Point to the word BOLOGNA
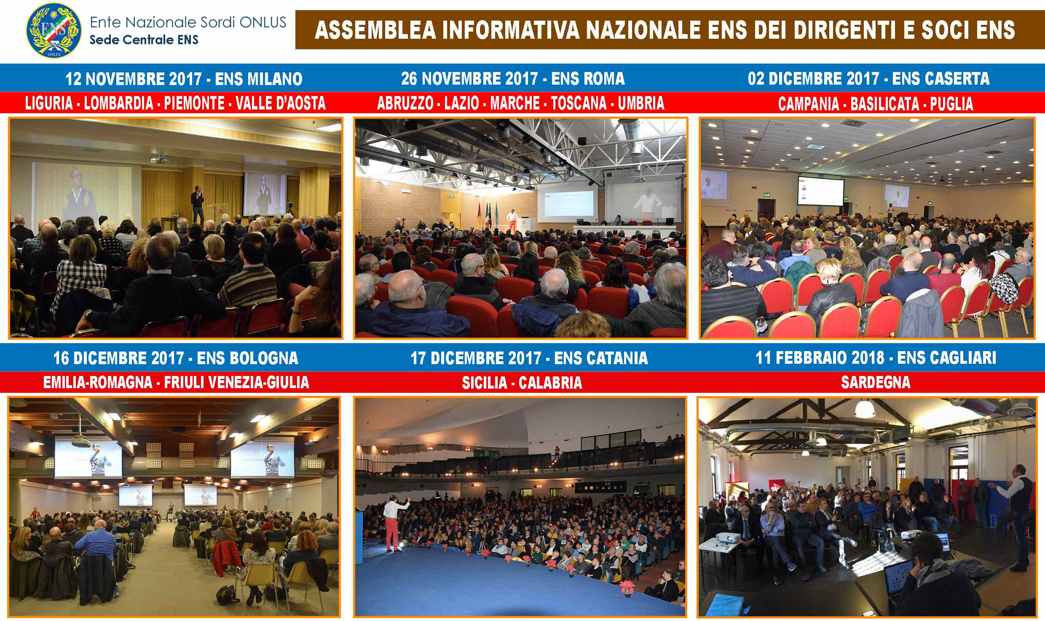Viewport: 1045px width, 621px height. (x=248, y=358)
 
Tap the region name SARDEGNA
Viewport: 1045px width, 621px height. (x=876, y=382)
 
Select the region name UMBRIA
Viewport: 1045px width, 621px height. (x=641, y=103)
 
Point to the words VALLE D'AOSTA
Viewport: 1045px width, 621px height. (x=281, y=103)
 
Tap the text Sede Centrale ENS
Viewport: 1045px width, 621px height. (x=144, y=40)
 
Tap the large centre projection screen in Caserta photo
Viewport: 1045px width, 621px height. (x=820, y=193)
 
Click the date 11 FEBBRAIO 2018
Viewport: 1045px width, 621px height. (x=820, y=358)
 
